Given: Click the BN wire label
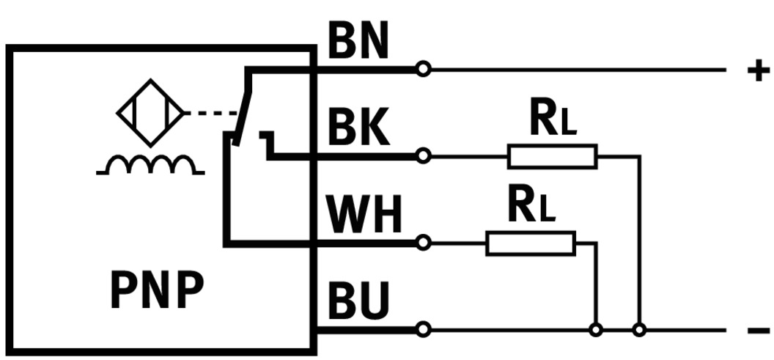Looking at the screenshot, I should [x=357, y=44].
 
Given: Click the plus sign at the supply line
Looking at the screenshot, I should [x=758, y=70].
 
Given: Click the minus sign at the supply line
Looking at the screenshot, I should [x=758, y=331].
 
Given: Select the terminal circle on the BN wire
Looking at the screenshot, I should [x=422, y=70].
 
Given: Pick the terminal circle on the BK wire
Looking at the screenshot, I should [x=422, y=155].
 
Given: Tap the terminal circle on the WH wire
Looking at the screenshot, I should [x=422, y=242].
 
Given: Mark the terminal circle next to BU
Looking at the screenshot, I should [x=422, y=329].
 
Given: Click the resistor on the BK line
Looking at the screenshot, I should [x=552, y=156].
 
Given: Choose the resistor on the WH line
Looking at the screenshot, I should [x=530, y=243].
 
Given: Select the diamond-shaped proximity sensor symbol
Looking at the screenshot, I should [x=151, y=113].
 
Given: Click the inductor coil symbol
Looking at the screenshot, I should [x=150, y=165].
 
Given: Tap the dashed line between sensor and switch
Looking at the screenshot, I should [x=211, y=114].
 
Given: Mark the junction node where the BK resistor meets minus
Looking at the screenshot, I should [x=639, y=330].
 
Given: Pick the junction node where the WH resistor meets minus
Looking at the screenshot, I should [x=596, y=330].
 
